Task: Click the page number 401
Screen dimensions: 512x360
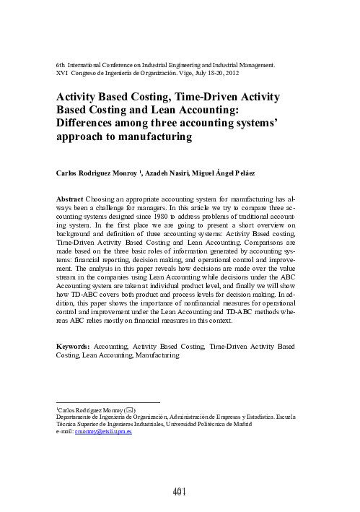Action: click(180, 492)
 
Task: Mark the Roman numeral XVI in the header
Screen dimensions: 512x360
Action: click(61, 73)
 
